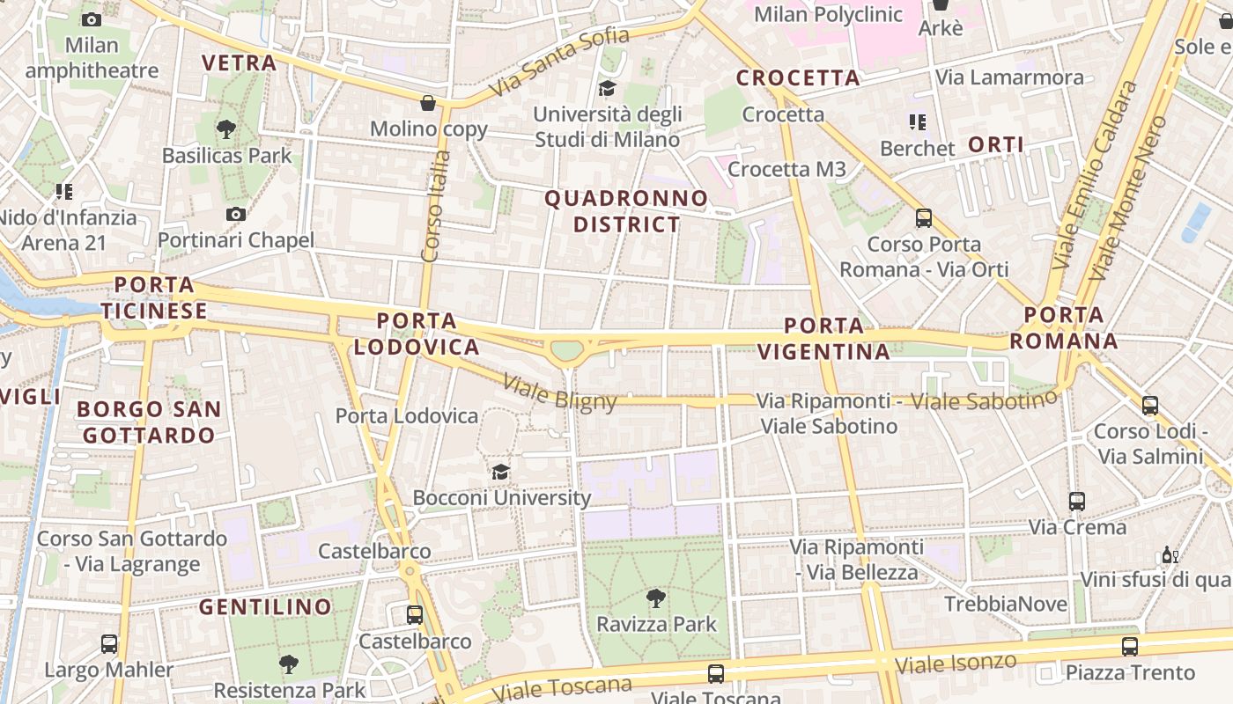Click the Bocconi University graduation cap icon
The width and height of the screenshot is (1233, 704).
pyautogui.click(x=500, y=472)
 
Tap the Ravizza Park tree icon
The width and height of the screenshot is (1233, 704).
pyautogui.click(x=655, y=598)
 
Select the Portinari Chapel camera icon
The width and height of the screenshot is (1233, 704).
pyautogui.click(x=235, y=214)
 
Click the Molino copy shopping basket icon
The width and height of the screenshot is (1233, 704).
pyautogui.click(x=428, y=103)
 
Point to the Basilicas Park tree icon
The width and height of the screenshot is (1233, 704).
pyautogui.click(x=226, y=129)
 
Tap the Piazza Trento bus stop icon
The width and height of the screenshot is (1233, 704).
pyautogui.click(x=1130, y=647)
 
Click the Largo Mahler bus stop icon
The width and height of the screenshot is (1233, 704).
pyautogui.click(x=109, y=643)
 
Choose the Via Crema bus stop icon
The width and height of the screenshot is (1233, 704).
pyautogui.click(x=1077, y=502)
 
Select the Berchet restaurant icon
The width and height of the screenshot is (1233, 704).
pyautogui.click(x=917, y=122)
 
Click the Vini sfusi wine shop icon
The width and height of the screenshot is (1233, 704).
pyautogui.click(x=1170, y=554)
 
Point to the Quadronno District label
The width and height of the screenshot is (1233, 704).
pyautogui.click(x=626, y=211)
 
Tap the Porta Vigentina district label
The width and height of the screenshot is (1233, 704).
pyautogui.click(x=823, y=339)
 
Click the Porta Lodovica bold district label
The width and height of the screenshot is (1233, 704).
pyautogui.click(x=417, y=334)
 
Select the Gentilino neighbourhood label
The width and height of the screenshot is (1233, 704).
pyautogui.click(x=265, y=607)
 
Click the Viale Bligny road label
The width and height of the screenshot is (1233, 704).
pyautogui.click(x=559, y=392)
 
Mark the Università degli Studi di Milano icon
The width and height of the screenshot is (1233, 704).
pyautogui.click(x=607, y=88)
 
